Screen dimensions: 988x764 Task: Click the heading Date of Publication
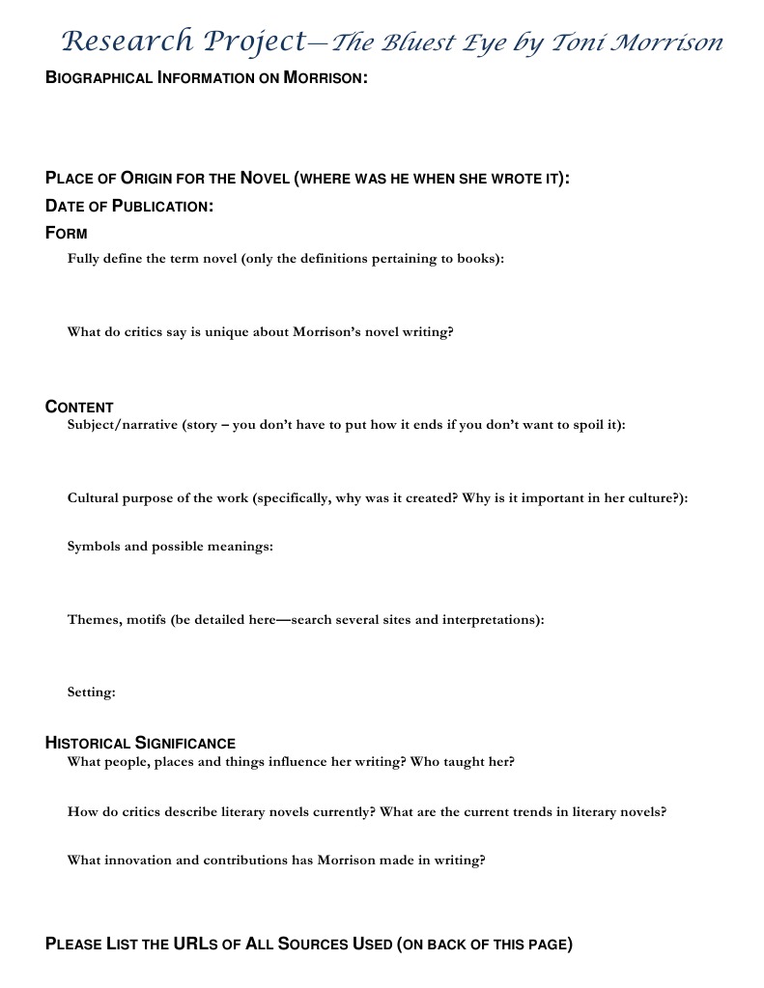129,206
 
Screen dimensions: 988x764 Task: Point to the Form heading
67,233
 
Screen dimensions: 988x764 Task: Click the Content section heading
79,407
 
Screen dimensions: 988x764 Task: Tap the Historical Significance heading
140,743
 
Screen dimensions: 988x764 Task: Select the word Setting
91,692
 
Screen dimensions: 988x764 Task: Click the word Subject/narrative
122,425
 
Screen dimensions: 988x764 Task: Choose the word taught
460,762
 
